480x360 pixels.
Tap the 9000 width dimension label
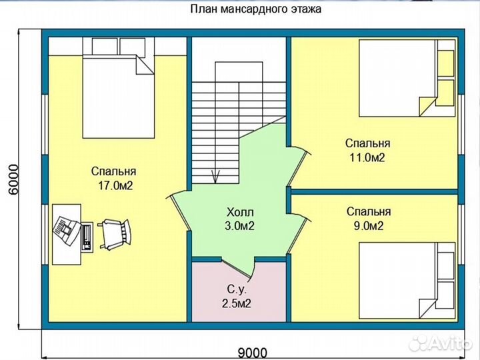(253, 352)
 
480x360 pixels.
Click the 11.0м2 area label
(367, 158)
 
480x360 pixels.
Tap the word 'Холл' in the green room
(239, 212)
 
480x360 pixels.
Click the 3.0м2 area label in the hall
(239, 226)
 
